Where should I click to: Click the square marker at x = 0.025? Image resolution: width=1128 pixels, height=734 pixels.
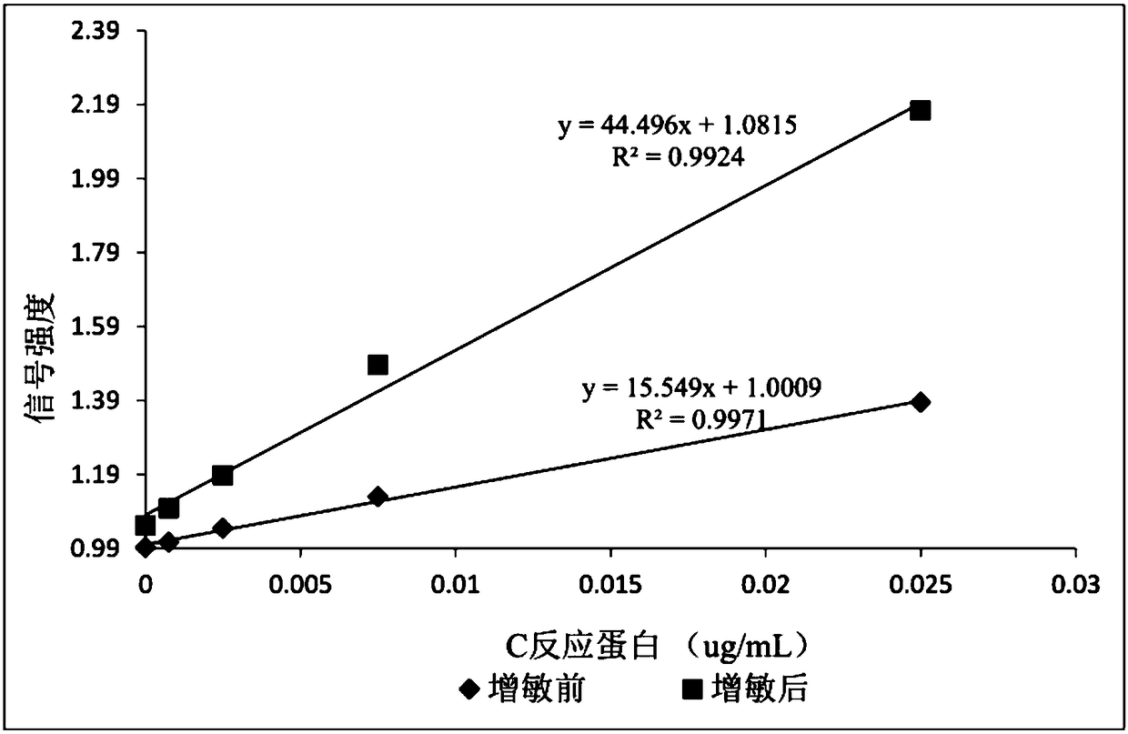(x=921, y=110)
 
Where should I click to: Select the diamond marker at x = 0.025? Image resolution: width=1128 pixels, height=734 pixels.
(x=921, y=402)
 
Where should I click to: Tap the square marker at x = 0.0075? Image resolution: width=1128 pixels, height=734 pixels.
(x=378, y=365)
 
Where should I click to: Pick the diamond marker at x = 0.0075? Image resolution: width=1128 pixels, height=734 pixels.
(x=378, y=497)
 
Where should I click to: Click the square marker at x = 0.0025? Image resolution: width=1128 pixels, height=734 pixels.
(x=222, y=476)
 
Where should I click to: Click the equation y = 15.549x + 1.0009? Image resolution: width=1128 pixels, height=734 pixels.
(x=702, y=388)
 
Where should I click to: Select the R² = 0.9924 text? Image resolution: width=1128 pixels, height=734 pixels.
(x=679, y=156)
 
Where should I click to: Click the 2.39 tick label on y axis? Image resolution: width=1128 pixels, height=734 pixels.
(x=102, y=31)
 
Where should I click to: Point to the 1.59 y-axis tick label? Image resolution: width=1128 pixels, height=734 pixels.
(x=102, y=327)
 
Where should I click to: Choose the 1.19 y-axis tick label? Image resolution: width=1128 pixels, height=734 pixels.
(x=102, y=475)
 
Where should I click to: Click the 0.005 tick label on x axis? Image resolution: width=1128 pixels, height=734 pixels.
(x=300, y=584)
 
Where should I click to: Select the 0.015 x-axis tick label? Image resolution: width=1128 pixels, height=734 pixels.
(x=610, y=584)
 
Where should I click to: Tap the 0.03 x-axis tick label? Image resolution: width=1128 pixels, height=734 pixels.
(x=1076, y=584)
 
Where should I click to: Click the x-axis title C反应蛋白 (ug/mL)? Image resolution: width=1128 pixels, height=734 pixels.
(x=657, y=648)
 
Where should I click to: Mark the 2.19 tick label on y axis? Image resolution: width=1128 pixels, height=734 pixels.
(x=102, y=105)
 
